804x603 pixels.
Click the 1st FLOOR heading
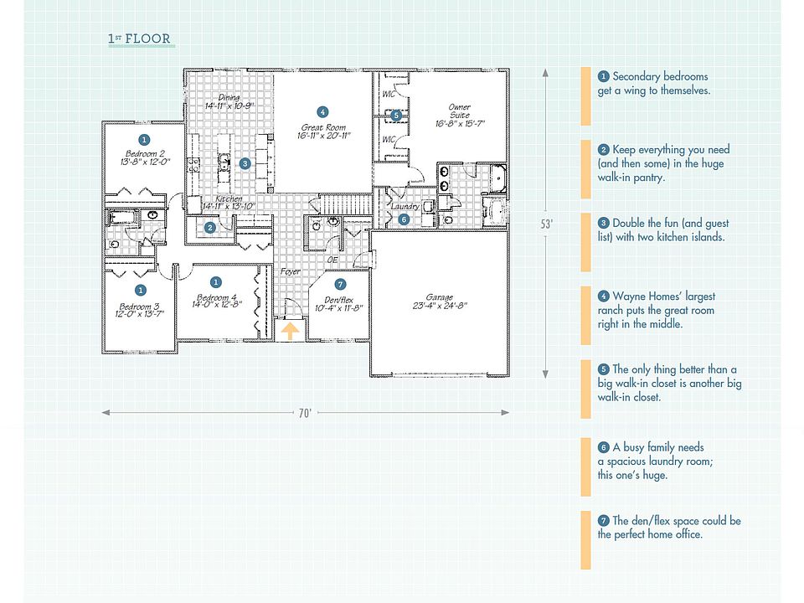click(139, 39)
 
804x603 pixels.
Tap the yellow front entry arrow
click(289, 331)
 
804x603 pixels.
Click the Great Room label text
click(322, 131)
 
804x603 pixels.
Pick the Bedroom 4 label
click(216, 301)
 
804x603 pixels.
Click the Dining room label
click(228, 102)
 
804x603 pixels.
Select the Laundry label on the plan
click(405, 206)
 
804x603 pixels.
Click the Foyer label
click(290, 271)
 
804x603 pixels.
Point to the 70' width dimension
click(306, 413)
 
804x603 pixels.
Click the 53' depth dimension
click(546, 224)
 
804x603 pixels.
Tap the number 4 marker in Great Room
click(322, 111)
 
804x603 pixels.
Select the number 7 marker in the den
click(339, 284)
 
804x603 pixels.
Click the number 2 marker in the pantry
click(211, 227)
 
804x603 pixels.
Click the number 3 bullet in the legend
click(604, 224)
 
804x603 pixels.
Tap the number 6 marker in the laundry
click(403, 219)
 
